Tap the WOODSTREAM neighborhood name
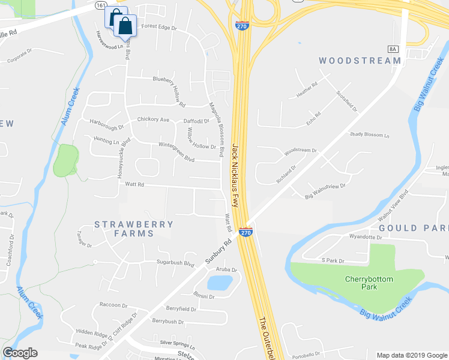tap(360, 61)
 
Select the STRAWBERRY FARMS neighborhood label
tap(134, 229)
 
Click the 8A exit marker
tap(393, 49)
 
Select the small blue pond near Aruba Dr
tap(219, 281)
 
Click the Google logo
tap(20, 353)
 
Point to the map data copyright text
tap(411, 355)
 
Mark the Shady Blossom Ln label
tap(370, 135)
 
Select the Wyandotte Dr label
tap(365, 237)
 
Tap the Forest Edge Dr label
tap(159, 27)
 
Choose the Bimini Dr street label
tap(204, 296)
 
